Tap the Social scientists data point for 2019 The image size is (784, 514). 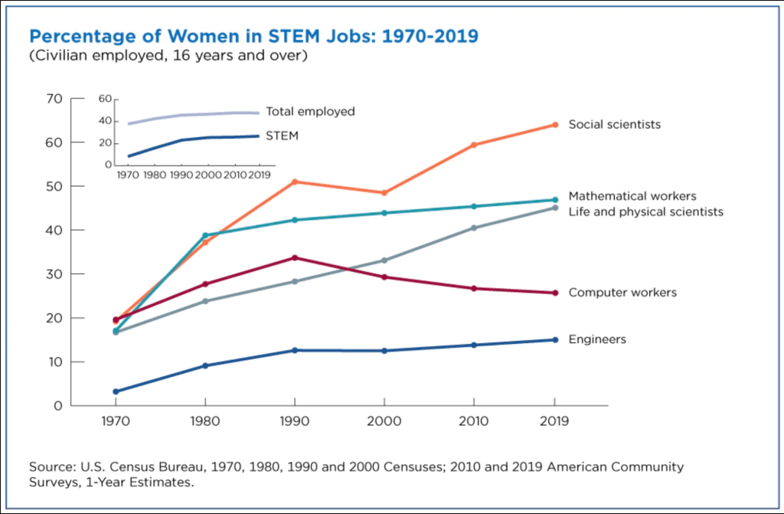pos(554,125)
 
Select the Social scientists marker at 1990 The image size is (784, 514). pos(294,182)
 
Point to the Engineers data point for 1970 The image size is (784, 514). pos(116,391)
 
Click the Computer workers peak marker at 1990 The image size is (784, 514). pos(294,257)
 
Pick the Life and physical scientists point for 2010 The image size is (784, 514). pos(474,228)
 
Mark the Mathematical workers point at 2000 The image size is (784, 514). pos(384,213)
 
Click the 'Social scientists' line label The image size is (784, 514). pos(614,124)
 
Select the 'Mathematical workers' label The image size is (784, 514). pos(632,196)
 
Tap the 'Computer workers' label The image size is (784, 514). pos(622,293)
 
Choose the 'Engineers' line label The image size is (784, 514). pos(597,339)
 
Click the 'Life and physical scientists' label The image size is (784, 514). pos(645,211)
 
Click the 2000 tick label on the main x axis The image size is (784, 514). pos(384,421)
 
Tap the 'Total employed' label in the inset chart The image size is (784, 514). pos(310,112)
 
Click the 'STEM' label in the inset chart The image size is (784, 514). pos(282,136)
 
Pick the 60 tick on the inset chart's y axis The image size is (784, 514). pos(106,99)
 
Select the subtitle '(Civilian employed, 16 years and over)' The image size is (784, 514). pos(168,57)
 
